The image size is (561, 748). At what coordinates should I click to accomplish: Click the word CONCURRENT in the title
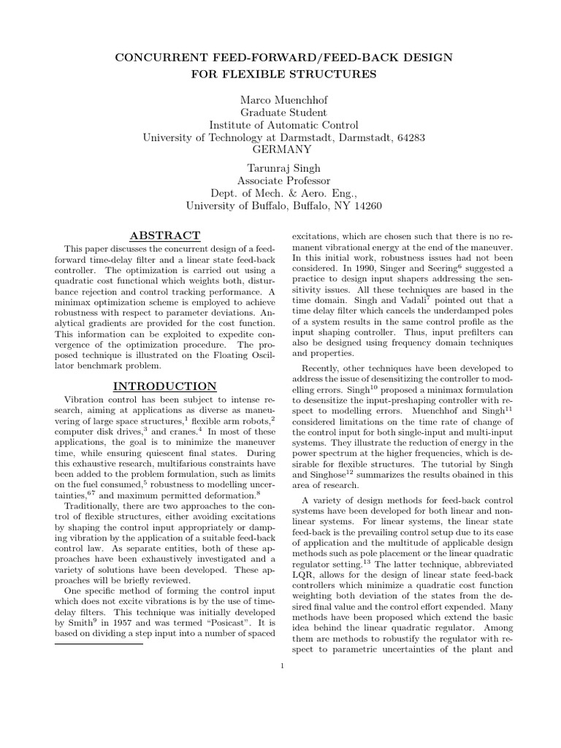(152, 56)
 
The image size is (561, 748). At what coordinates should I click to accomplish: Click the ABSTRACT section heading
(164, 235)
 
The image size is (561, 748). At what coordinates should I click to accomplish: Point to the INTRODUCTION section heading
(164, 386)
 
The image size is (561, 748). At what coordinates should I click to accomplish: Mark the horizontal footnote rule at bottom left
(99, 644)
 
